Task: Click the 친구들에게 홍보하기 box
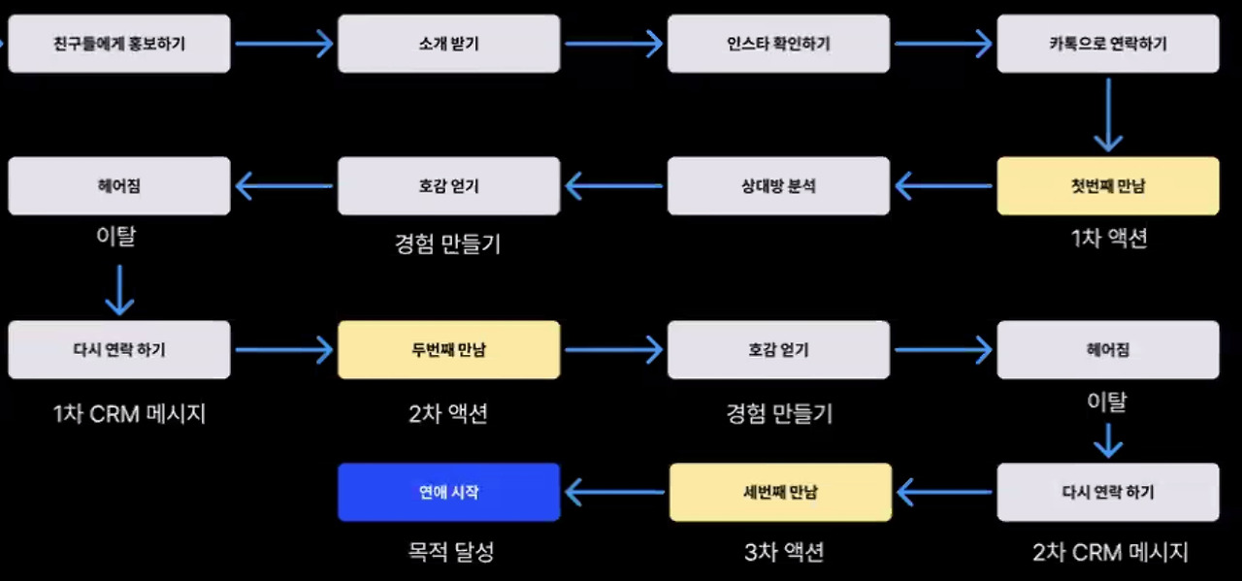click(119, 44)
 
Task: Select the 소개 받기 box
click(448, 44)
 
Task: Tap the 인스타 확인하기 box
click(778, 44)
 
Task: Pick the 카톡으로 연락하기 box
click(1108, 44)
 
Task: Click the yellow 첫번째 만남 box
click(1108, 185)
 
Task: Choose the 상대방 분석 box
click(778, 185)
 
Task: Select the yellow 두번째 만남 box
click(448, 349)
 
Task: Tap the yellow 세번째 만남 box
click(779, 492)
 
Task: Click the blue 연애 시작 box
click(448, 492)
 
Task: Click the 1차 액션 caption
click(1108, 239)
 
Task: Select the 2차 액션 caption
click(448, 414)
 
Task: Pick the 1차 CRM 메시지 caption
click(129, 414)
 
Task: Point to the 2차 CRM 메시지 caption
click(1110, 553)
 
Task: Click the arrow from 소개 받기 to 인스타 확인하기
click(613, 44)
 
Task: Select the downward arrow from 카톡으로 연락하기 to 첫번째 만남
click(1108, 114)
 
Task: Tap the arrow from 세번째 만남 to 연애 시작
click(613, 493)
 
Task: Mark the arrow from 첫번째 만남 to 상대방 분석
click(943, 185)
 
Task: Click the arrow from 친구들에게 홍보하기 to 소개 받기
click(283, 44)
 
